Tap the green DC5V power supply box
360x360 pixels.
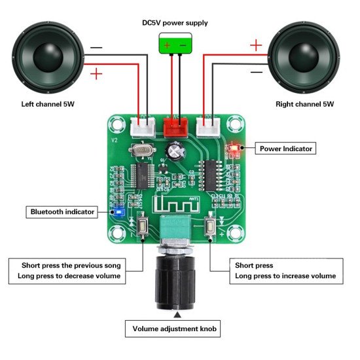click(x=175, y=45)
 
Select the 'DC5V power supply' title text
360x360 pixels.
click(x=175, y=23)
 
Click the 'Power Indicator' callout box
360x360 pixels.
click(x=286, y=149)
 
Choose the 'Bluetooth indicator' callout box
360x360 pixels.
click(x=63, y=211)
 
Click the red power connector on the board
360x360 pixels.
click(x=175, y=126)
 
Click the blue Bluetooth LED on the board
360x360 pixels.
click(x=118, y=212)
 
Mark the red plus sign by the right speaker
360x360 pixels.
click(x=255, y=46)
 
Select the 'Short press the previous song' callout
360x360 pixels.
click(x=75, y=266)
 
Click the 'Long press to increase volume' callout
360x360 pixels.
click(x=285, y=276)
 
